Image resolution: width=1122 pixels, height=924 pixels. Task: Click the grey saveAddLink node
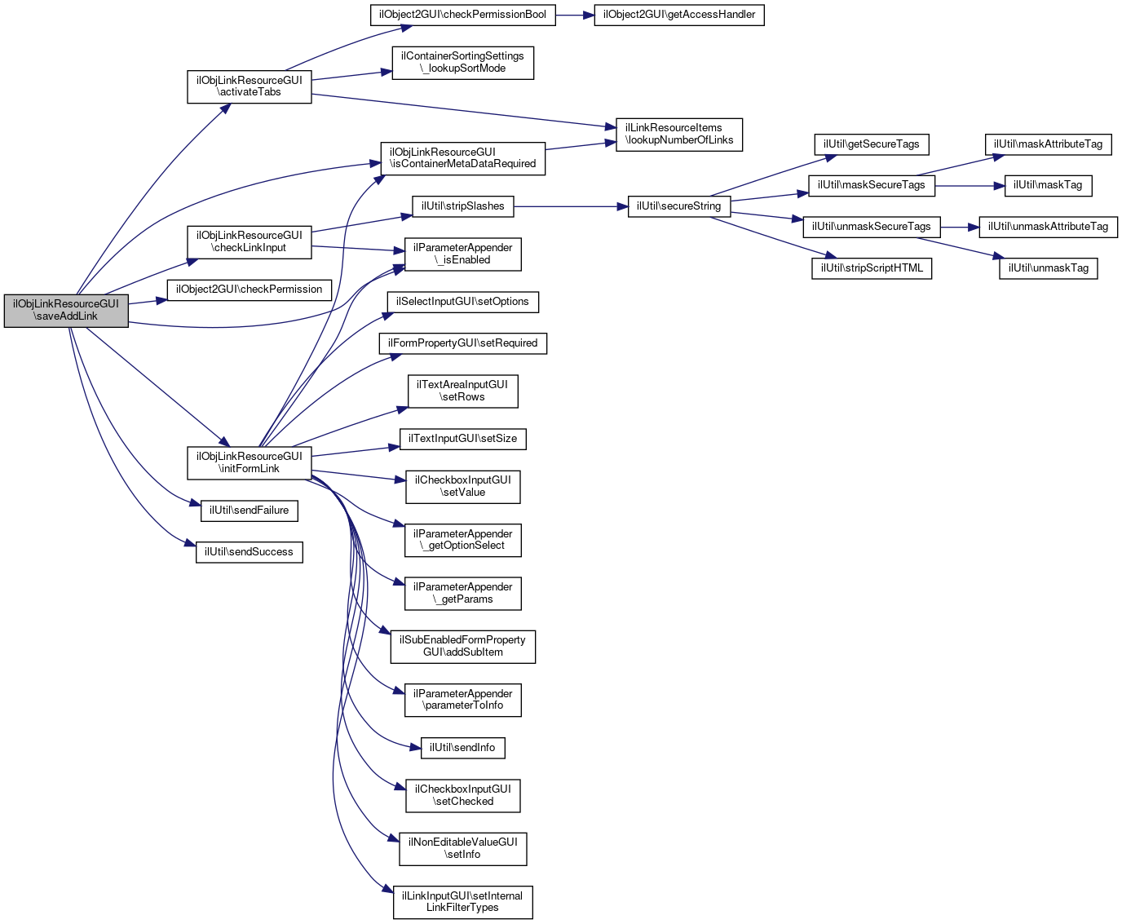[x=66, y=311]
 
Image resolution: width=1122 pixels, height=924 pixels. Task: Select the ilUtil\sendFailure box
[x=249, y=511]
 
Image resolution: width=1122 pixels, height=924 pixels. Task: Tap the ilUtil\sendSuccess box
[x=249, y=552]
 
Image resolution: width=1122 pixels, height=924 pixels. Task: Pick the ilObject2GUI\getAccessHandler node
[x=679, y=15]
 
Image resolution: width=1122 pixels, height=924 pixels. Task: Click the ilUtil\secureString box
[x=679, y=206]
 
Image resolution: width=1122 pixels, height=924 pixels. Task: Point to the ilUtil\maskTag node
[x=1048, y=186]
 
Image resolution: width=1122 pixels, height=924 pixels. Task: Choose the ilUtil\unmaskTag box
[x=1048, y=268]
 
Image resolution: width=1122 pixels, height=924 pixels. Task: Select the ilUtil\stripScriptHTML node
[x=872, y=268]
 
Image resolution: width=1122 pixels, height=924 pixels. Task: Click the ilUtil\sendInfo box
[x=463, y=748]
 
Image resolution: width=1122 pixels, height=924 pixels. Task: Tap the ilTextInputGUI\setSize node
[x=463, y=439]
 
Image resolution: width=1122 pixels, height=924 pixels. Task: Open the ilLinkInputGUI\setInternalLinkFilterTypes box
[x=463, y=902]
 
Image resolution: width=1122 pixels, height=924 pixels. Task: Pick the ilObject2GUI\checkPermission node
[x=249, y=290]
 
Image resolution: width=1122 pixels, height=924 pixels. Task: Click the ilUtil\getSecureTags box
[x=872, y=145]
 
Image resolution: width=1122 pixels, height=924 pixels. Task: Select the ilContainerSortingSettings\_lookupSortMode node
[x=463, y=64]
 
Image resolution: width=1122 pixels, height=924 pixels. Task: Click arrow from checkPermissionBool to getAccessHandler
[x=575, y=15]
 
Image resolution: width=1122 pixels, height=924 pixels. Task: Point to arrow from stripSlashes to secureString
[x=571, y=206]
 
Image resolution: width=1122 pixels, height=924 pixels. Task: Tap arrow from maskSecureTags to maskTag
[x=970, y=186]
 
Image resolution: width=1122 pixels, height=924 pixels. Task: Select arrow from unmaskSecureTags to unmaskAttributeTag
[x=960, y=228]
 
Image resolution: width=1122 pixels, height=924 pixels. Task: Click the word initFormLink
[x=249, y=469]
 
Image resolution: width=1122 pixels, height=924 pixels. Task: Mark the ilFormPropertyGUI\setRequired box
[x=463, y=343]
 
